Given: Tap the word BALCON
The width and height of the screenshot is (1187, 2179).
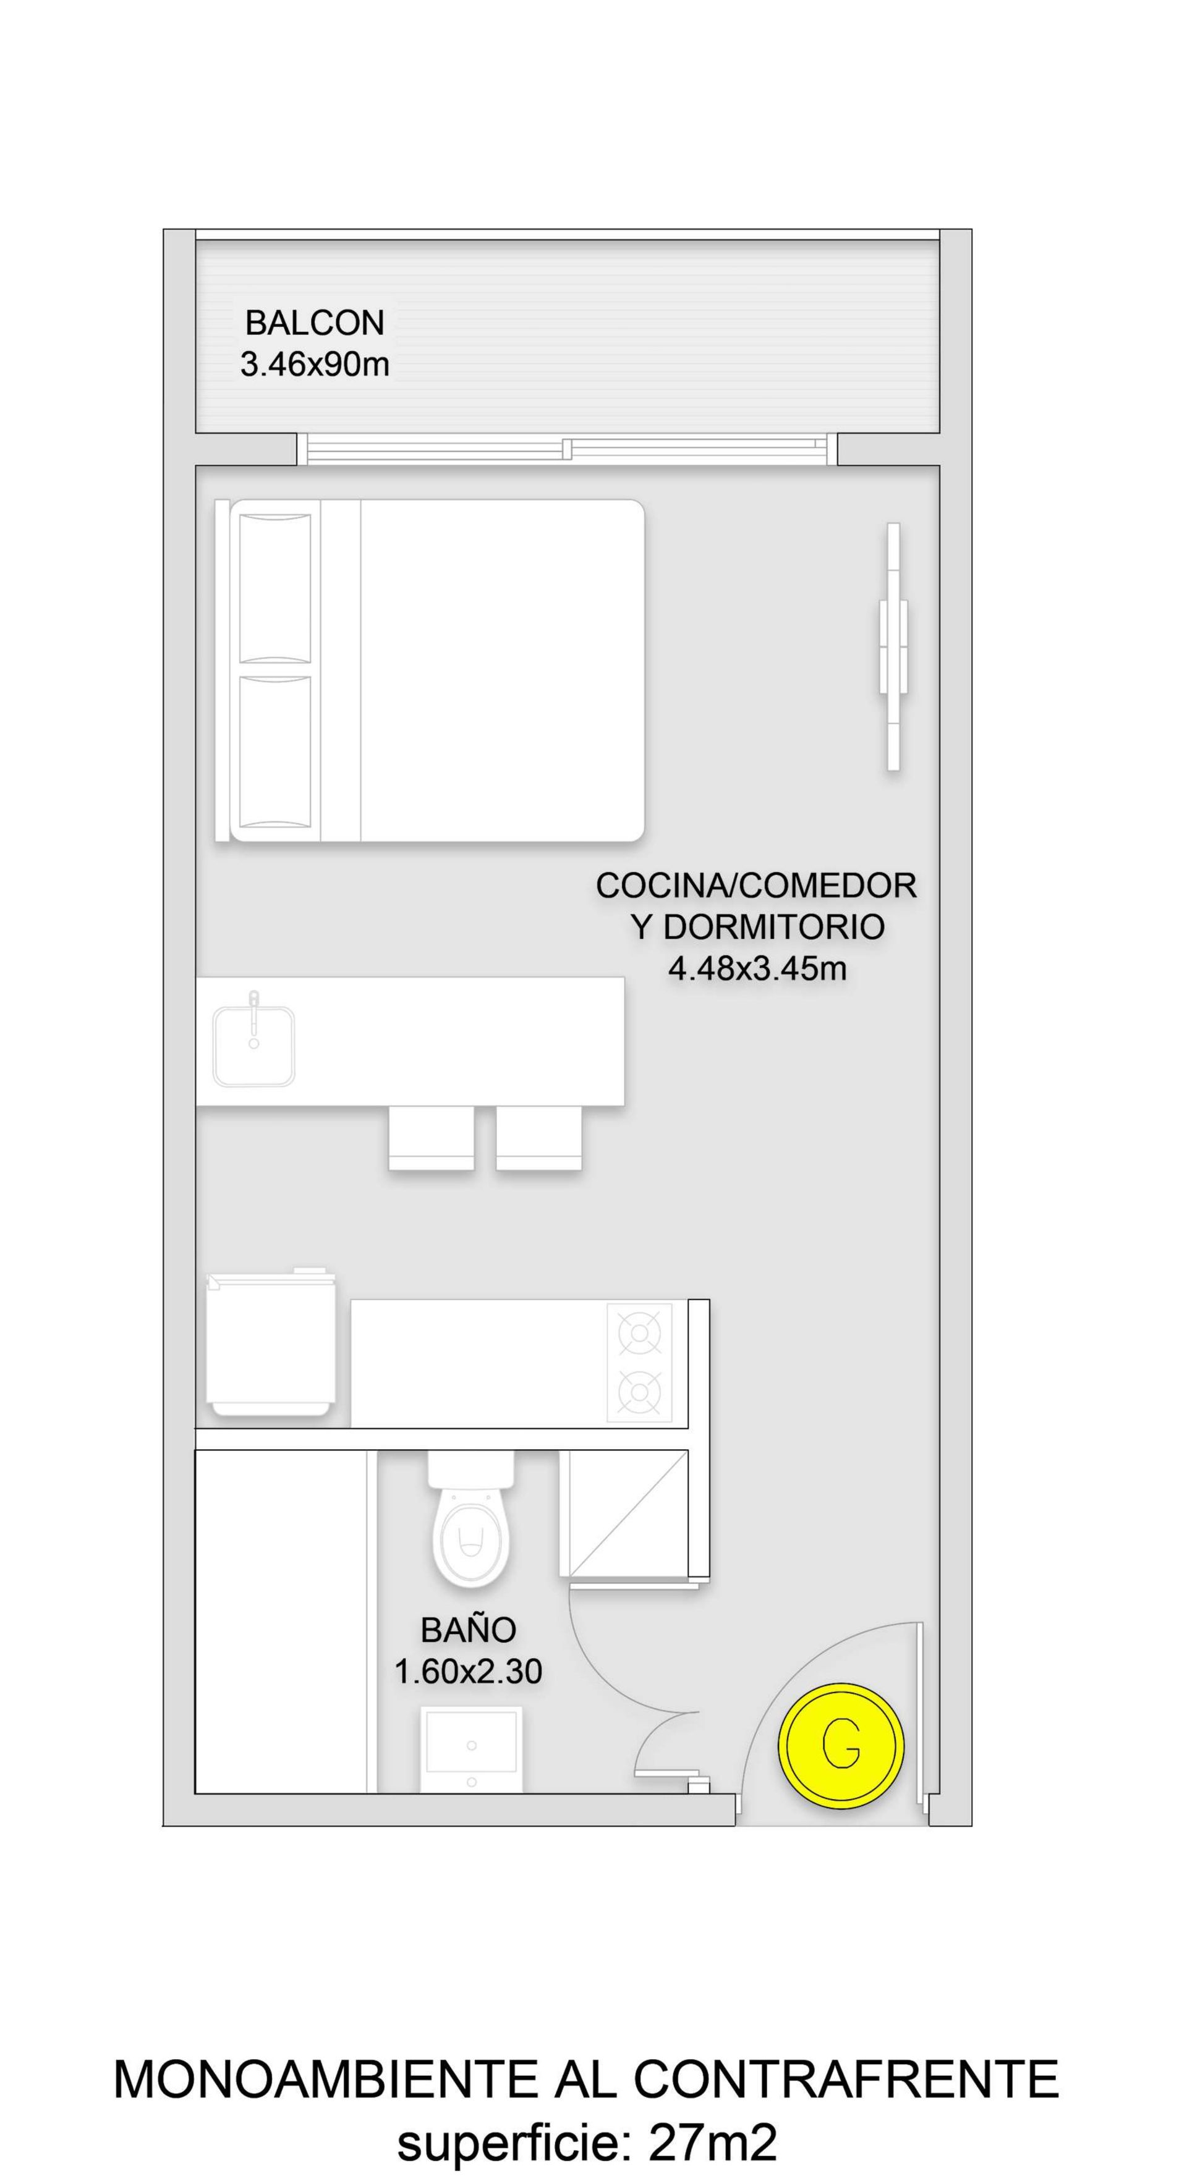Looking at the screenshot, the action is [315, 323].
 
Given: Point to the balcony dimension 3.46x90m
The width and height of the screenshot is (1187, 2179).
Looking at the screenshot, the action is [315, 365].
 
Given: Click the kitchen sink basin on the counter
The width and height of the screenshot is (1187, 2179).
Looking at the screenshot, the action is [254, 1046].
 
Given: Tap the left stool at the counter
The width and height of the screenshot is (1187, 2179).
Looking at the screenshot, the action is [432, 1138].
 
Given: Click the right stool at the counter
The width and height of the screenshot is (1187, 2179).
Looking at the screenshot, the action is [539, 1138].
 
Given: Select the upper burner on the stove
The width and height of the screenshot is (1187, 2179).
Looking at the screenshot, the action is [640, 1334].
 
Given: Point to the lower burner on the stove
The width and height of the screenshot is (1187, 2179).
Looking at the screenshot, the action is [640, 1392].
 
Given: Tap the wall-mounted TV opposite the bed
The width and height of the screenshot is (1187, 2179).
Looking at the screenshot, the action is [893, 647].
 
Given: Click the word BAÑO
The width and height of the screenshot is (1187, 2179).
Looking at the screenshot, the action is [469, 1630].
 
